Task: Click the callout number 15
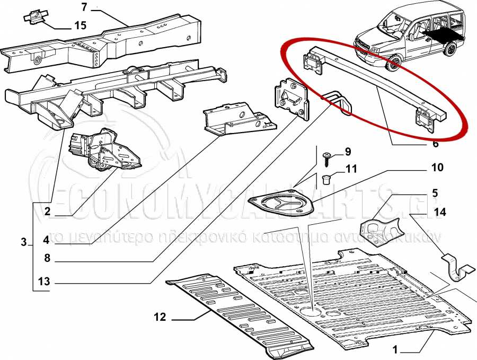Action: point(79,25)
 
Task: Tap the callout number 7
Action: point(84,7)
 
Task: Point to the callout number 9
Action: point(348,152)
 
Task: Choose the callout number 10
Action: point(437,168)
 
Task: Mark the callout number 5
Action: point(435,193)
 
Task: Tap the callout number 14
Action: point(440,212)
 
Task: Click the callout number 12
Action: point(160,318)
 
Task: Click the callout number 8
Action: point(47,259)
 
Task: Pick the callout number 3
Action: point(23,242)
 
